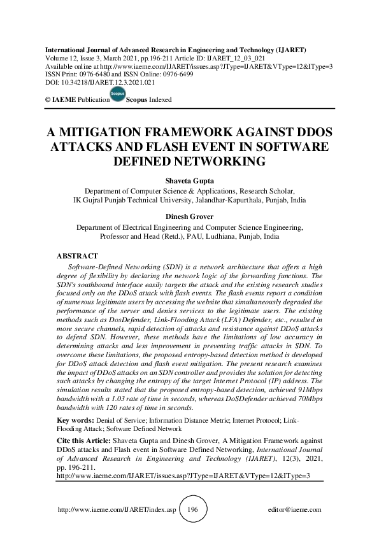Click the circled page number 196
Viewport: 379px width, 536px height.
[x=189, y=510]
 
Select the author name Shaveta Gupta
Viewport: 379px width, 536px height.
[x=189, y=181]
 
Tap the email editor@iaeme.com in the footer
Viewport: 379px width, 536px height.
[x=296, y=510]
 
